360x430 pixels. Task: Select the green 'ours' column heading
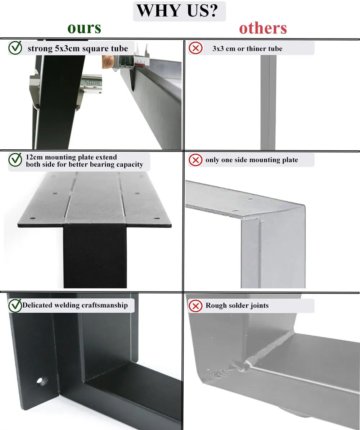coord(84,28)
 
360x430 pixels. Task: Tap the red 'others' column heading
coord(263,28)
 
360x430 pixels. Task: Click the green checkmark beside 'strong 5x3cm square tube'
coord(15,48)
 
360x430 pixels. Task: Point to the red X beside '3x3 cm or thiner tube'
coord(195,48)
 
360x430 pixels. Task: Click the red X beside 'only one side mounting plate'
coord(195,160)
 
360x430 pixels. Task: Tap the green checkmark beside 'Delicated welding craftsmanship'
coord(15,305)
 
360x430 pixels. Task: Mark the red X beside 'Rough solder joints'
coord(195,306)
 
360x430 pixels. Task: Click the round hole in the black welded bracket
coord(42,381)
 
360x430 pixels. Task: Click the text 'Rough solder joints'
coord(237,306)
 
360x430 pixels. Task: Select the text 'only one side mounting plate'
coord(252,160)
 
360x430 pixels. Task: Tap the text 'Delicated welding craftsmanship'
coord(75,305)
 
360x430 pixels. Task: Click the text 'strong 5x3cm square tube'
coord(78,48)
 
